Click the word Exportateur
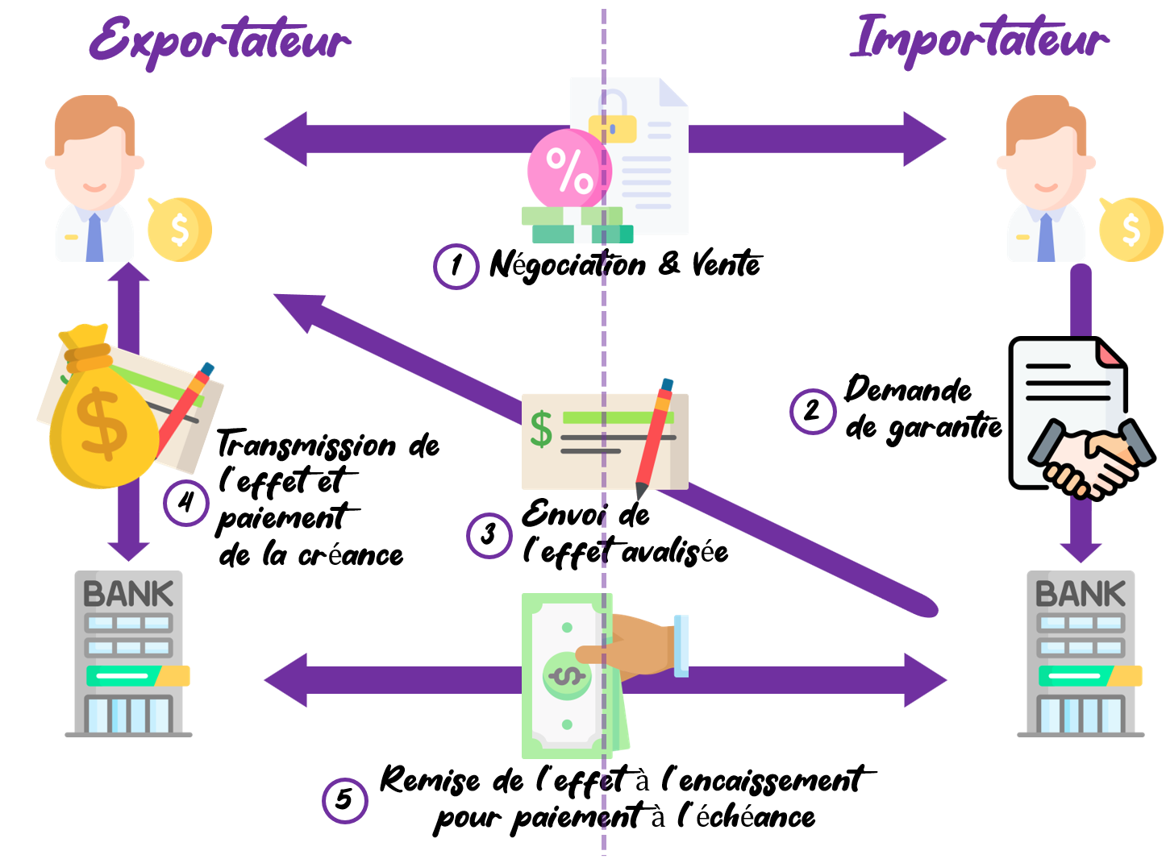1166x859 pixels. coord(219,40)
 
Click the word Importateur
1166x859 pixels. coord(979,40)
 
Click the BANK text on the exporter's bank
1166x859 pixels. coord(128,595)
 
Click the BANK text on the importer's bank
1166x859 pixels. coord(1081,595)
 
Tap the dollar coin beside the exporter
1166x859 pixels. coord(179,230)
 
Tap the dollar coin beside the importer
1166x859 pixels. coord(1131,230)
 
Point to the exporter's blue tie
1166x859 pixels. coord(94,239)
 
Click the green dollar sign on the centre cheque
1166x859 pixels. coord(541,429)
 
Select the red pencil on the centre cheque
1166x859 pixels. coord(655,439)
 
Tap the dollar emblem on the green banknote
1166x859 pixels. coord(567,675)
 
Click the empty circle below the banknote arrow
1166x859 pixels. coord(345,800)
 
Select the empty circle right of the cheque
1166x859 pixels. coord(813,412)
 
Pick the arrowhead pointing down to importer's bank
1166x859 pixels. coord(1081,551)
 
